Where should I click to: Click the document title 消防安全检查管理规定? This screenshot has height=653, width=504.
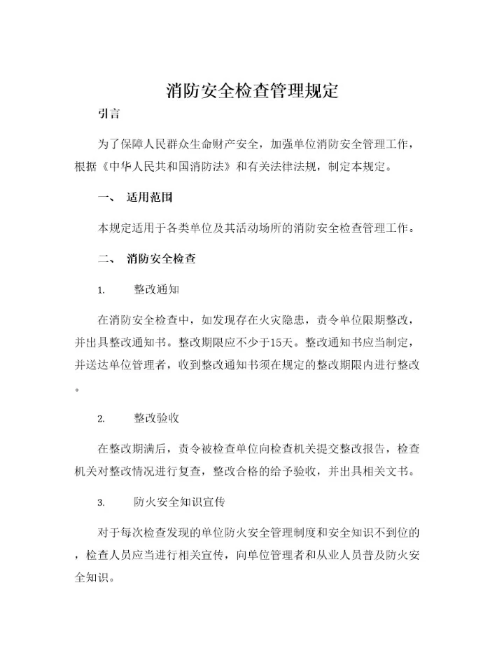[x=252, y=91]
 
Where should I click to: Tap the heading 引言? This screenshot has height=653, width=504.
[x=108, y=115]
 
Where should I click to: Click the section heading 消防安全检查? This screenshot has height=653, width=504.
[x=160, y=259]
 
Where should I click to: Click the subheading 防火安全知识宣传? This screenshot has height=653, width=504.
[x=179, y=502]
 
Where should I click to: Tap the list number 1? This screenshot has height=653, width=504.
[x=101, y=290]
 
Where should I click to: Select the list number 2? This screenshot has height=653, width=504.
[x=101, y=419]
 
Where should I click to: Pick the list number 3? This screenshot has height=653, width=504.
[x=101, y=503]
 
